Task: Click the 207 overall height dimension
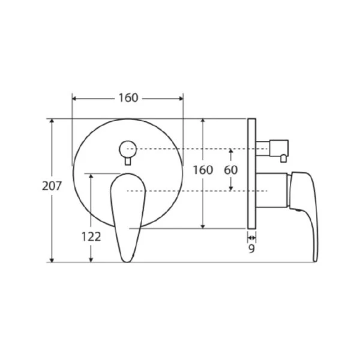(52, 186)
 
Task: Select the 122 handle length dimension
(91, 237)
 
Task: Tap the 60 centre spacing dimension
(231, 170)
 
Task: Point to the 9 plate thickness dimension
(251, 248)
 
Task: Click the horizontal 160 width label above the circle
(128, 98)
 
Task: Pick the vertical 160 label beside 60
(203, 170)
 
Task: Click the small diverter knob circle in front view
(128, 149)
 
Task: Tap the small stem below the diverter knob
(128, 161)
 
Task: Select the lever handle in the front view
(128, 217)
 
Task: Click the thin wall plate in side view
(251, 173)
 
